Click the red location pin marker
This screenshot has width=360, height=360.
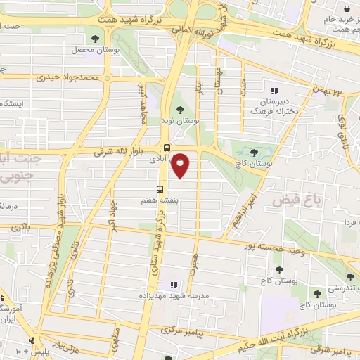click(181, 166)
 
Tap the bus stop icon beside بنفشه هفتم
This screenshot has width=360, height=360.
click(160, 189)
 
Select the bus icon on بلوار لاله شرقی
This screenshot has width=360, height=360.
click(167, 148)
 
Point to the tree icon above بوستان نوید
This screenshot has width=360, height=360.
click(181, 109)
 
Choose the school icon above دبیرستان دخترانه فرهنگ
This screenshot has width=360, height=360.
click(275, 90)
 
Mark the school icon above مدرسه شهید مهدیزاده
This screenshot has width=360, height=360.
click(174, 285)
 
